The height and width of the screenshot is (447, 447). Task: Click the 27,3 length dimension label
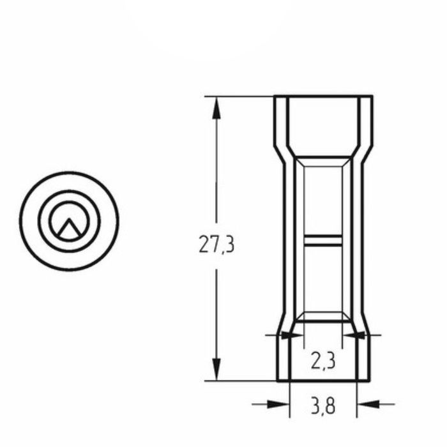click(x=216, y=245)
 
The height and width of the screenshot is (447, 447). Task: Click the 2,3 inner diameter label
click(x=323, y=361)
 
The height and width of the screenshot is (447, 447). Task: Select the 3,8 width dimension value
click(x=323, y=406)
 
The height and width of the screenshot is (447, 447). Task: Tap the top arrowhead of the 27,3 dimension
click(x=216, y=108)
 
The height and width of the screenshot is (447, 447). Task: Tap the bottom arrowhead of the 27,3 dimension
click(x=216, y=370)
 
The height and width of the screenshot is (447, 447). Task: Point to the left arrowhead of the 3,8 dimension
click(x=278, y=404)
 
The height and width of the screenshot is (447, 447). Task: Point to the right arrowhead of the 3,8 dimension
click(x=368, y=404)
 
